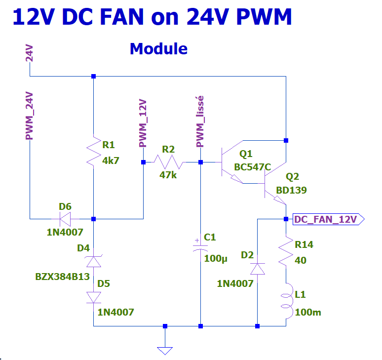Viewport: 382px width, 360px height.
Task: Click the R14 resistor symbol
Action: tap(286, 252)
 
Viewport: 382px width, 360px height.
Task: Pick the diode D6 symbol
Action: tap(65, 218)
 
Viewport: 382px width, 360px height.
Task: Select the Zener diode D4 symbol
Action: tap(93, 261)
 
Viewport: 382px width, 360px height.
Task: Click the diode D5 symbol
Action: tap(93, 297)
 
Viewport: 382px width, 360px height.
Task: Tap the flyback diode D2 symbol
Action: tap(258, 269)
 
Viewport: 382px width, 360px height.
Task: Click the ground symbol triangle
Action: tap(165, 351)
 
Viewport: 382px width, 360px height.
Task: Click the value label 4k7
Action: tap(111, 160)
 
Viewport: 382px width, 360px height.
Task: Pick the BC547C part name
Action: tap(253, 167)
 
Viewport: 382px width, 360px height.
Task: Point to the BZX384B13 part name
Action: tap(62, 277)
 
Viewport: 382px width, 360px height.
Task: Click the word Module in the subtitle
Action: tap(158, 49)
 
